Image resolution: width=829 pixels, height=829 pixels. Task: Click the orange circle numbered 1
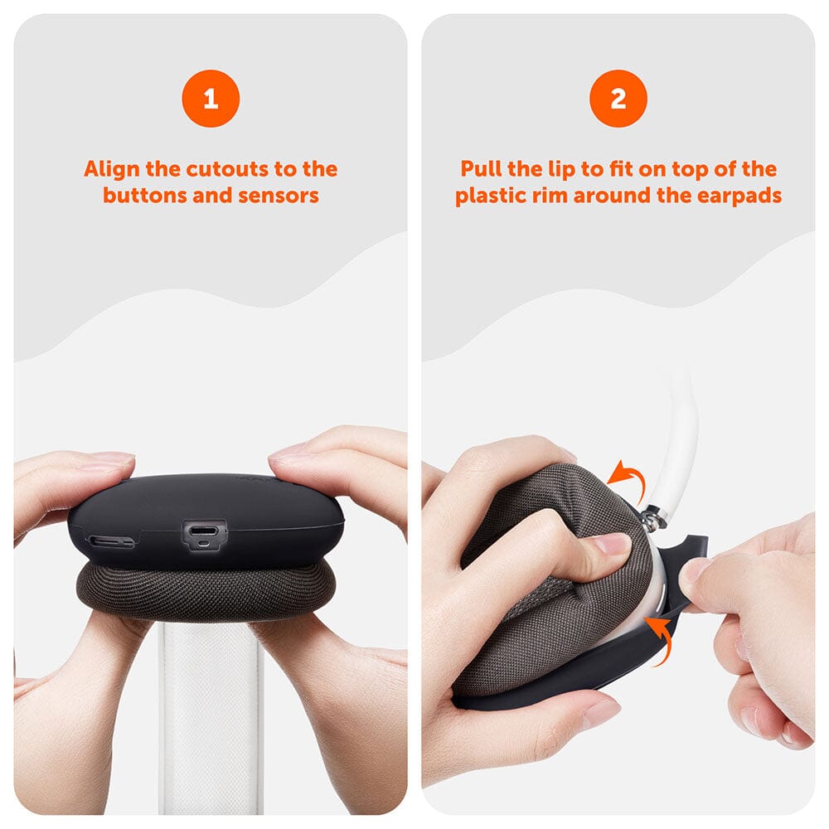(211, 99)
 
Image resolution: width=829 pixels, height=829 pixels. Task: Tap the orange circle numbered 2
(618, 99)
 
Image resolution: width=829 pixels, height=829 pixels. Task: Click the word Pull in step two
(482, 170)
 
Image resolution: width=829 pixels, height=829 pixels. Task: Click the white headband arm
(678, 439)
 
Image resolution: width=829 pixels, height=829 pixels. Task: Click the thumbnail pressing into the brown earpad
(611, 544)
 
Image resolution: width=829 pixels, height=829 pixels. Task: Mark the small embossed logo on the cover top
(250, 478)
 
